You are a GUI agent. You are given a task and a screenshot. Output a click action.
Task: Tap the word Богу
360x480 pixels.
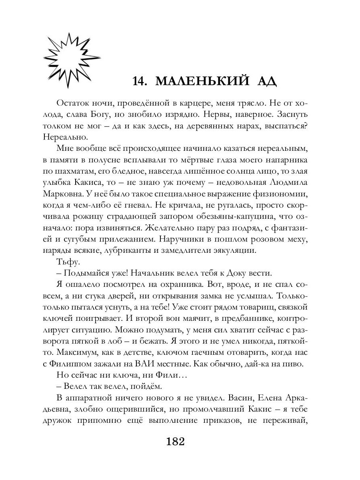(x=108, y=114)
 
